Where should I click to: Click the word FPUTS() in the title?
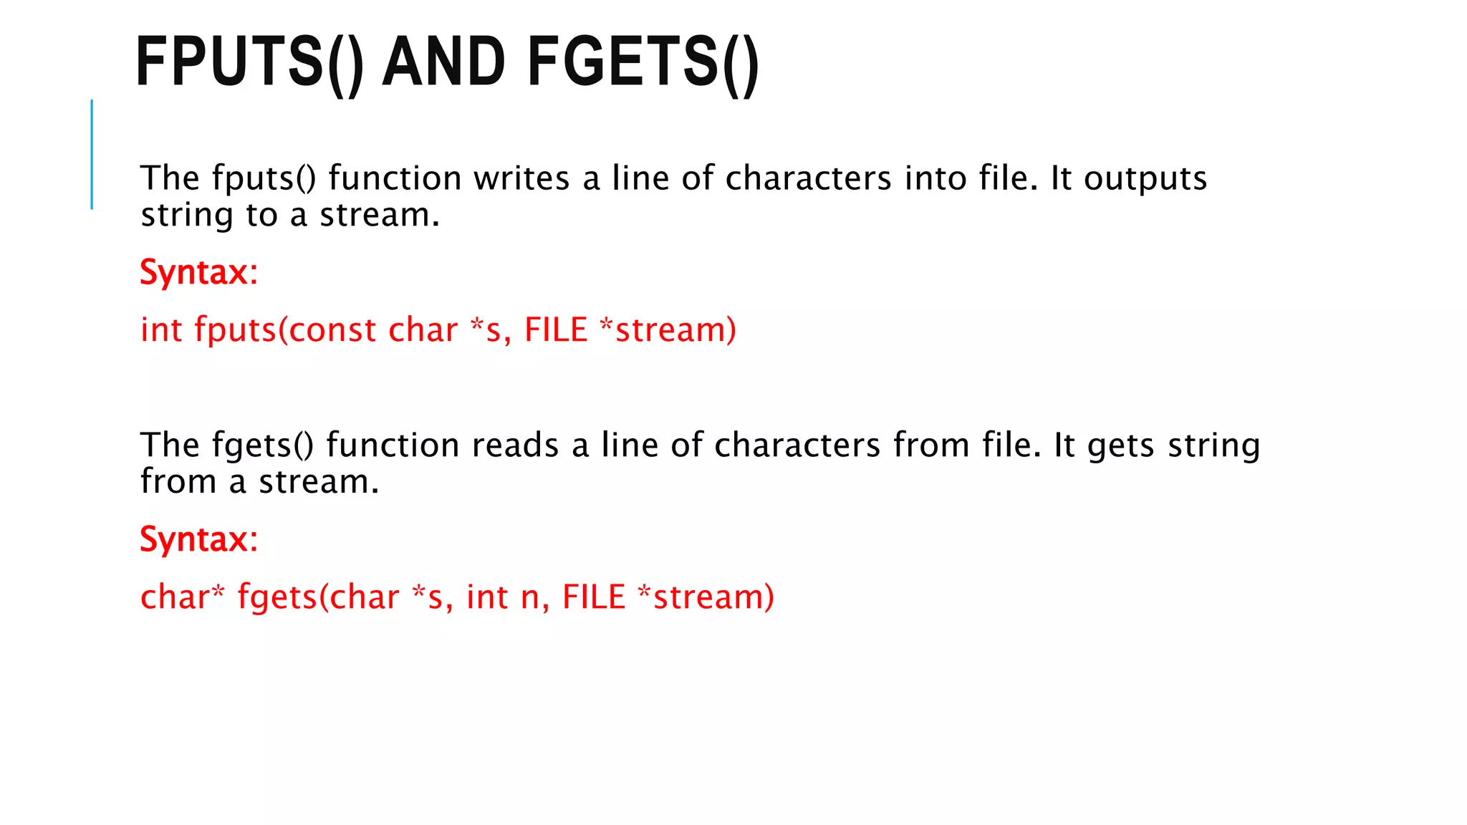pyautogui.click(x=249, y=63)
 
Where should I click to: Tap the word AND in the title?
pyautogui.click(x=444, y=63)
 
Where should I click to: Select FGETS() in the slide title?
pyautogui.click(x=643, y=63)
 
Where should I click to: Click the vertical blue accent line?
pyautogui.click(x=92, y=154)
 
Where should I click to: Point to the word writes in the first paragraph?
pyautogui.click(x=521, y=178)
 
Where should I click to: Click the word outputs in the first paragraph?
pyautogui.click(x=1145, y=178)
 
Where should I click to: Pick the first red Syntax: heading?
pyautogui.click(x=198, y=273)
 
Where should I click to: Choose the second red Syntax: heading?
pyautogui.click(x=198, y=539)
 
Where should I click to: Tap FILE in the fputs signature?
pyautogui.click(x=556, y=330)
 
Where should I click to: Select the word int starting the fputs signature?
pyautogui.click(x=161, y=330)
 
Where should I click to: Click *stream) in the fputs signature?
pyautogui.click(x=668, y=330)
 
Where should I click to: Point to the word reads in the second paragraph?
pyautogui.click(x=514, y=445)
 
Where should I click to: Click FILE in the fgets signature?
pyautogui.click(x=594, y=597)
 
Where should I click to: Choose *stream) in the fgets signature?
pyautogui.click(x=706, y=597)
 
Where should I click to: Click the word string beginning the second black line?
pyautogui.click(x=187, y=216)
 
